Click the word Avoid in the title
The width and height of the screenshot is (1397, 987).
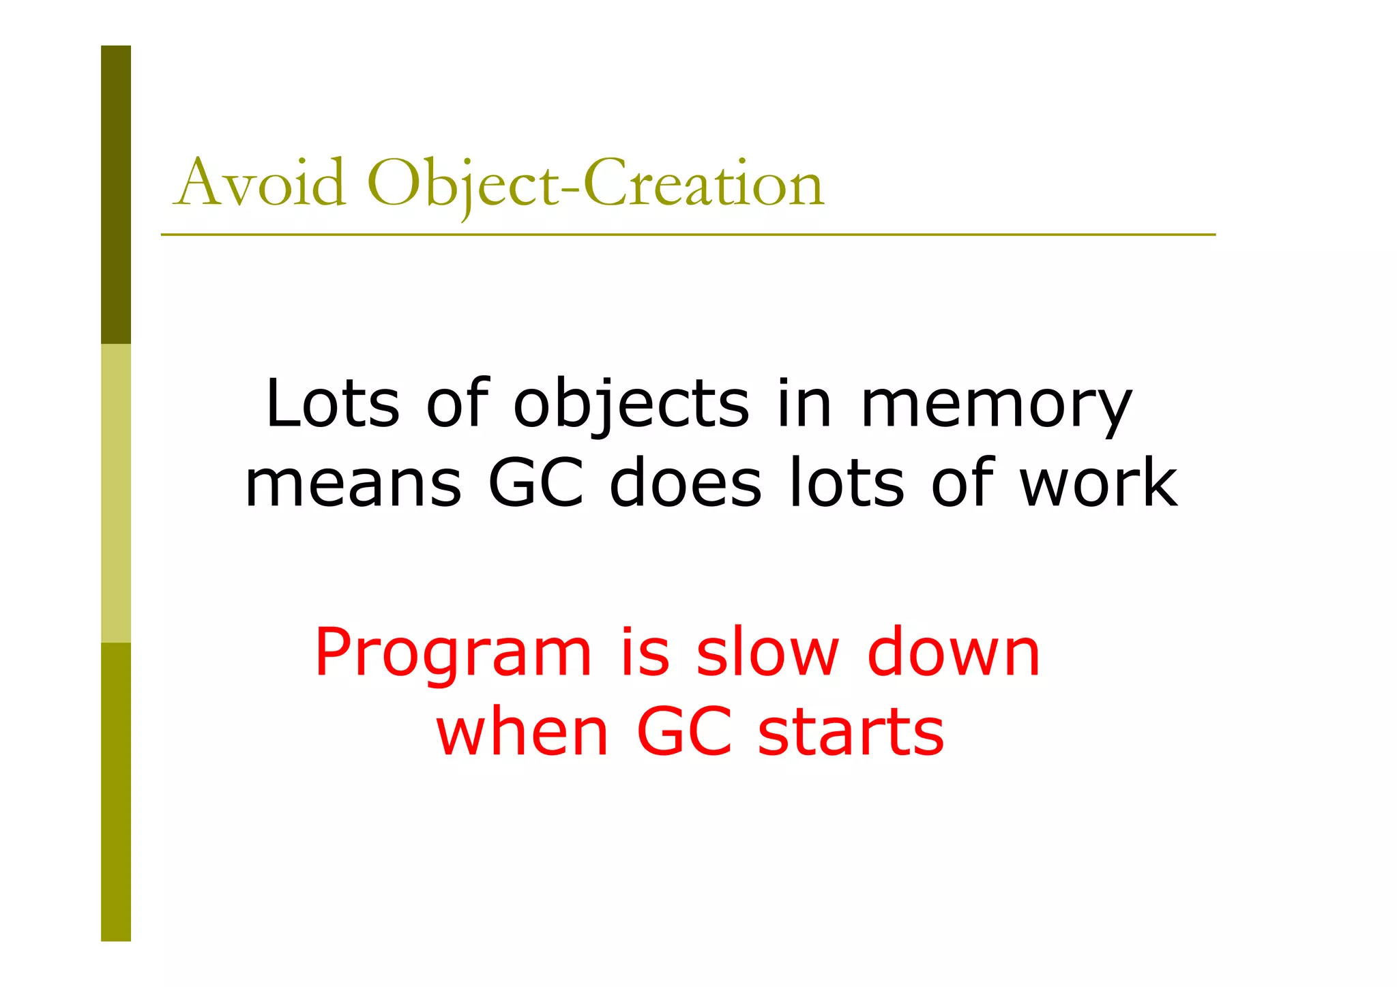[260, 183]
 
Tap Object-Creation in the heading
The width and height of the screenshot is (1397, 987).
[595, 183]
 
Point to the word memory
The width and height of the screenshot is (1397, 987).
[996, 408]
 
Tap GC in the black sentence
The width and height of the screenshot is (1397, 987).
[536, 482]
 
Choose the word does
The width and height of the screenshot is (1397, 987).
[685, 482]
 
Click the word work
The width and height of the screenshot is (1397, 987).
[1098, 482]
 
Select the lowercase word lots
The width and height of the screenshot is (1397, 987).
[846, 482]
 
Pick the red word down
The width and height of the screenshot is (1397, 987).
[953, 653]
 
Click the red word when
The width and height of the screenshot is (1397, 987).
[522, 732]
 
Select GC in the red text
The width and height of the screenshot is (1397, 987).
[684, 732]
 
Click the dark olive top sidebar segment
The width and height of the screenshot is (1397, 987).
[116, 194]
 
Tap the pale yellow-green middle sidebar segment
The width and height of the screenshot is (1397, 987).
[116, 493]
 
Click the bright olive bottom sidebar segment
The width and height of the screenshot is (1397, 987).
[116, 791]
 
